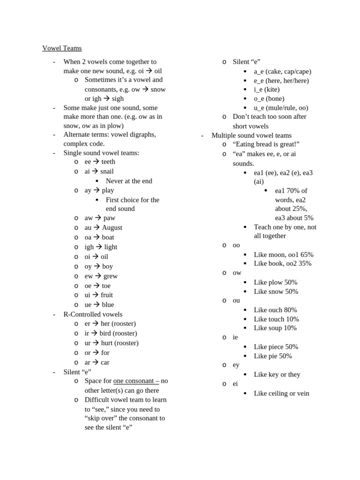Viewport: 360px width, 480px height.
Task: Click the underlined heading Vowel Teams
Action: pos(62,48)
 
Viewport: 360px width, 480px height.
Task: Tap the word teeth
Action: pos(108,162)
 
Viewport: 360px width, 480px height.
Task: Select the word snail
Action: pos(107,171)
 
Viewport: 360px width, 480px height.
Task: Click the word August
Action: pos(112,227)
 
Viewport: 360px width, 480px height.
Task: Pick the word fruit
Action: pos(107,295)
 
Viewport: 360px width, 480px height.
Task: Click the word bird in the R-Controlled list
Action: pos(105,333)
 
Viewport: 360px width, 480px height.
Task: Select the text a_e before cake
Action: pos(259,71)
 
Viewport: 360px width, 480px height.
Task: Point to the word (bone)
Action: pos(275,98)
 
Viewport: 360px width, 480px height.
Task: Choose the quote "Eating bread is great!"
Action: pos(266,144)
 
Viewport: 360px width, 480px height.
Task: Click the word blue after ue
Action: pos(108,305)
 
